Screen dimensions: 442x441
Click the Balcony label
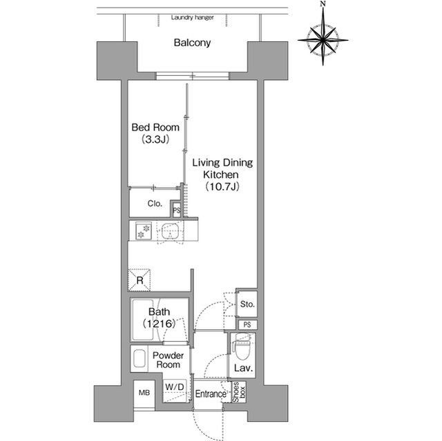(x=192, y=43)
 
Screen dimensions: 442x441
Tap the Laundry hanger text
(x=192, y=17)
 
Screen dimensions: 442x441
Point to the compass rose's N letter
(x=323, y=3)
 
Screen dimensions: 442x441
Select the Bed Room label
(x=155, y=127)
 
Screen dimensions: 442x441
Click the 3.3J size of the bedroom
(x=155, y=139)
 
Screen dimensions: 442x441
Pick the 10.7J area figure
(x=222, y=186)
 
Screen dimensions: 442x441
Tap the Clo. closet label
(x=155, y=204)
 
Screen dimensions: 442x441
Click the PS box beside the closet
(x=177, y=210)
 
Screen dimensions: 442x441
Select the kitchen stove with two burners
(x=144, y=231)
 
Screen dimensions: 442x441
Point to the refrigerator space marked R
(x=140, y=280)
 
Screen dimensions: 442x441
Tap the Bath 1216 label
(x=160, y=317)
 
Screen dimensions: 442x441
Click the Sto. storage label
(x=247, y=304)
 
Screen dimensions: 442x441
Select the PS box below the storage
(x=247, y=324)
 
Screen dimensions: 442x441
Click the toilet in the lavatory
(x=242, y=346)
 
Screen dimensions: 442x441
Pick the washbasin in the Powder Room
(x=140, y=358)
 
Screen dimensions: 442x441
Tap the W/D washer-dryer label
(x=175, y=386)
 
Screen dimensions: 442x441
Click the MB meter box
(x=144, y=392)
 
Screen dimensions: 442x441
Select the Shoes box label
(x=239, y=392)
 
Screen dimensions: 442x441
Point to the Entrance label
(x=211, y=393)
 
